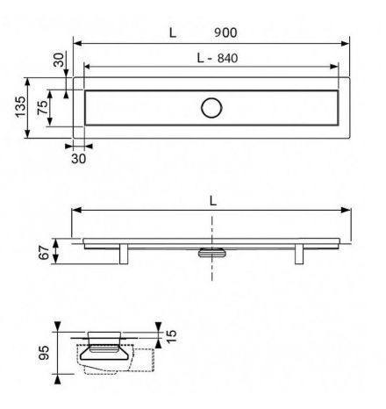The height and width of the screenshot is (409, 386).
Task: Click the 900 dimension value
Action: click(x=225, y=32)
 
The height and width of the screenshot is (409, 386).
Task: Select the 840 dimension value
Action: click(x=227, y=58)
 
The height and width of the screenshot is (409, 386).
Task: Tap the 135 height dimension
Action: click(x=20, y=107)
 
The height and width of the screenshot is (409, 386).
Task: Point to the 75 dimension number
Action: click(x=43, y=107)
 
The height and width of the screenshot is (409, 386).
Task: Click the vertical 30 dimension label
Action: click(x=59, y=60)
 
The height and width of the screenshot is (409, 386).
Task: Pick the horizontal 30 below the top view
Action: click(x=79, y=159)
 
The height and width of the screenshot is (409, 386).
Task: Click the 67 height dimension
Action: click(x=44, y=253)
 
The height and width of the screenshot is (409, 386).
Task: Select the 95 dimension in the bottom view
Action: click(x=44, y=353)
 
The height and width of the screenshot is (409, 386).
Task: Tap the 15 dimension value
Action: click(x=172, y=336)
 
